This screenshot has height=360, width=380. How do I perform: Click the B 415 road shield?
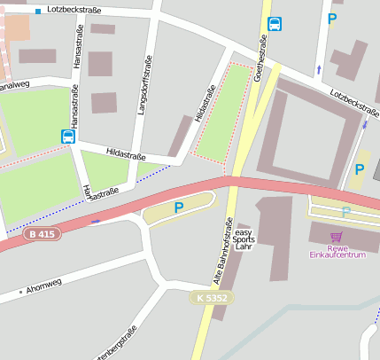tap(43, 234)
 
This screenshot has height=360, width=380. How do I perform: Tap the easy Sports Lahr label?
tap(244, 238)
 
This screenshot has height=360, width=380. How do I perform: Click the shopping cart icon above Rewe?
tap(336, 236)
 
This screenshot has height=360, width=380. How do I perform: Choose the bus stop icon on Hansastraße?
tap(68, 136)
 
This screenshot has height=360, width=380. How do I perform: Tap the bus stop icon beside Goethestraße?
tap(275, 24)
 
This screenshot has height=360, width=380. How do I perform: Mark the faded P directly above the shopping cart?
tap(346, 212)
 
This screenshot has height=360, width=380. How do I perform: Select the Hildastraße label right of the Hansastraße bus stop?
tap(126, 154)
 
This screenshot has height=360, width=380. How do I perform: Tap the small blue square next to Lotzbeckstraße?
tap(38, 12)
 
